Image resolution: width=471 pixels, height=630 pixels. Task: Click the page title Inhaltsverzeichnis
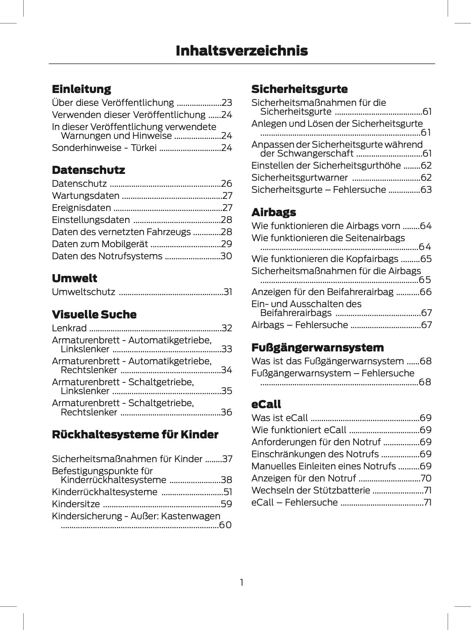point(242,51)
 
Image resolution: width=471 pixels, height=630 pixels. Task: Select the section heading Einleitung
point(81,89)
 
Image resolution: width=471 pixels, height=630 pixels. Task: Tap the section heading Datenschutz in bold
point(88,170)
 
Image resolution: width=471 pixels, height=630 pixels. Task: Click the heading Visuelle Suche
point(94,314)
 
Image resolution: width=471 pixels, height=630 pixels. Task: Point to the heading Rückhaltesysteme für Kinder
point(135,434)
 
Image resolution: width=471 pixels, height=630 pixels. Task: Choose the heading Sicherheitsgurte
point(299,89)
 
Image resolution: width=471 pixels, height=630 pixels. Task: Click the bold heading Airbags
point(274,212)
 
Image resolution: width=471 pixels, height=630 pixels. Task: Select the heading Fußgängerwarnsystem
point(317,347)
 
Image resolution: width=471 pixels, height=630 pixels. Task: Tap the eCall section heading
point(266,404)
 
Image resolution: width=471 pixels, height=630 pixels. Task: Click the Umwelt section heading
point(74,278)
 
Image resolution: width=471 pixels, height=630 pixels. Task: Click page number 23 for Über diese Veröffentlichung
point(227,103)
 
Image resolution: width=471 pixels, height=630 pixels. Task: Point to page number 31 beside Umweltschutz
point(228,292)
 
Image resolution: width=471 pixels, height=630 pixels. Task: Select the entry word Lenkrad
point(69,328)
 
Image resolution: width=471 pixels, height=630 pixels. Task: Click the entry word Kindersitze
point(76,504)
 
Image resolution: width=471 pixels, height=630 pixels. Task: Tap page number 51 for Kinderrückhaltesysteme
point(228,492)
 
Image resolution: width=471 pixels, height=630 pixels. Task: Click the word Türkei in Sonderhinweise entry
point(144,148)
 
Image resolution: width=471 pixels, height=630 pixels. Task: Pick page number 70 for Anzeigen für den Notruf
point(426,478)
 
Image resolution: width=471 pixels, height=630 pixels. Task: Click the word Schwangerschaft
point(307,153)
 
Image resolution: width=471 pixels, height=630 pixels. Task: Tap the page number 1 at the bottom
point(241,582)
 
